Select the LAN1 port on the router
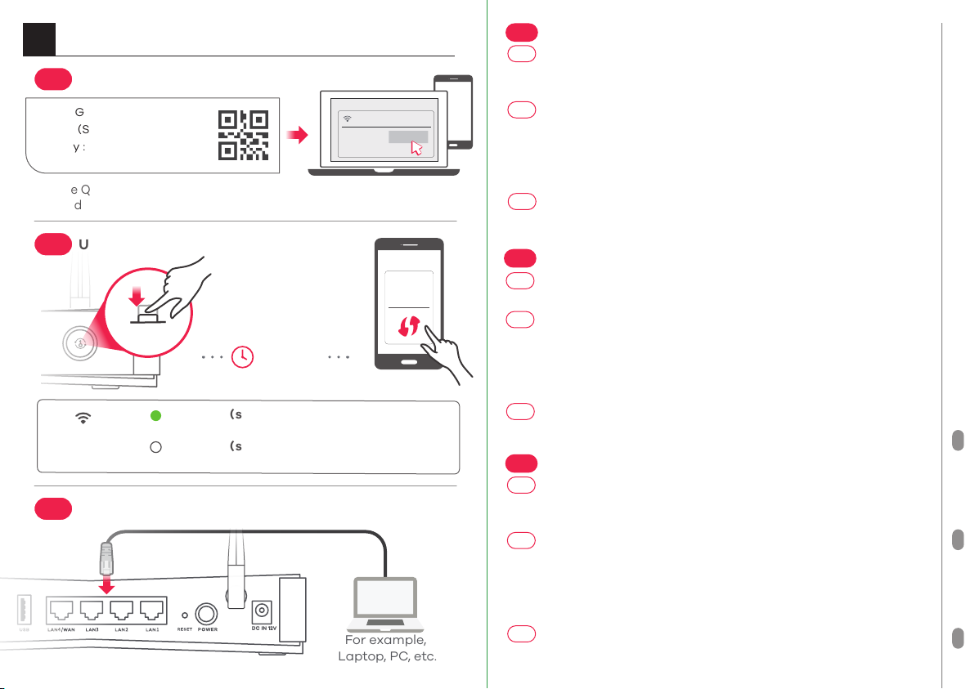coord(152,609)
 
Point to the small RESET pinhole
coord(185,615)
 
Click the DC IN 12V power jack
coord(263,611)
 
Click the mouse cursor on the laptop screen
coord(417,148)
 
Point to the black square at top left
coord(39,38)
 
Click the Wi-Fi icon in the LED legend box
coord(82,417)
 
